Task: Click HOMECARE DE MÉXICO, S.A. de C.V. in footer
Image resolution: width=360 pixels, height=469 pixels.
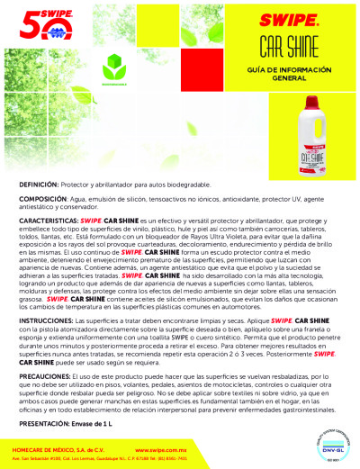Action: [x=59, y=446]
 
